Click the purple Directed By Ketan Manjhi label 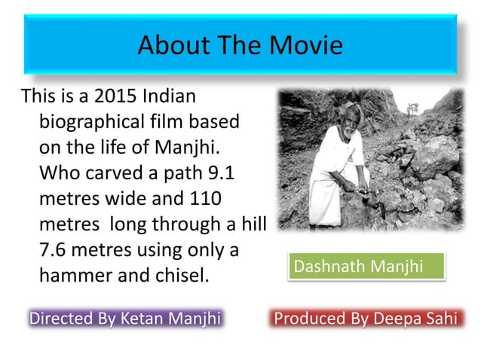point(124,318)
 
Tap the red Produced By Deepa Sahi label point(366,318)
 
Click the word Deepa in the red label point(400,318)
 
